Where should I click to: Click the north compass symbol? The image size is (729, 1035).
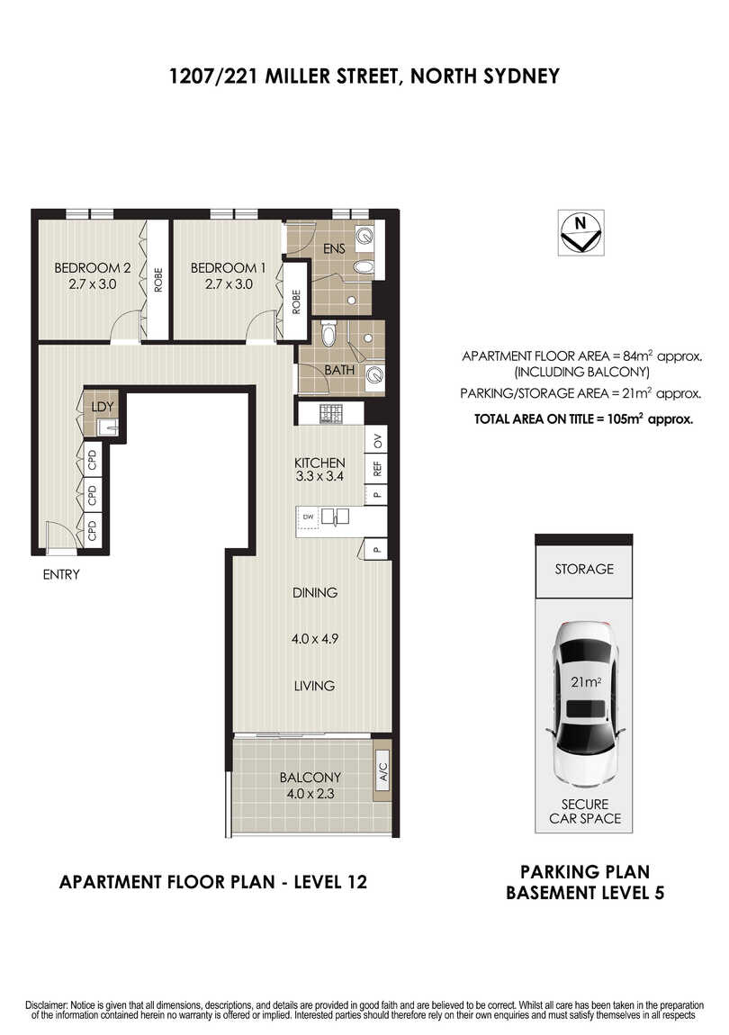(x=580, y=232)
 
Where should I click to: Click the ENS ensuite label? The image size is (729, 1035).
(x=334, y=248)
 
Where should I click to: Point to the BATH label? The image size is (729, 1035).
(x=339, y=370)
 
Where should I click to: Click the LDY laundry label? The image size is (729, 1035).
(x=103, y=407)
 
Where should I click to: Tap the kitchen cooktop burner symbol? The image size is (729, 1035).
(x=330, y=414)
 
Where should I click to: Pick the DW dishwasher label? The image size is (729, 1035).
(x=308, y=517)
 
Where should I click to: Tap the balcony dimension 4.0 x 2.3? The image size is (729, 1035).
(x=310, y=794)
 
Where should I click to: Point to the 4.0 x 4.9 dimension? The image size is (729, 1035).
(x=315, y=639)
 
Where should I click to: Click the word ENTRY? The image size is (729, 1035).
(x=61, y=574)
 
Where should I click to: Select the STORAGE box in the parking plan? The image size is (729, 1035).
(x=584, y=568)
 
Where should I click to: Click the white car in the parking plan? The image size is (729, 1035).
(x=585, y=704)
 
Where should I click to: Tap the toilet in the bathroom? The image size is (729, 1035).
(x=328, y=333)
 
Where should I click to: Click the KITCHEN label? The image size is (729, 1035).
(x=319, y=463)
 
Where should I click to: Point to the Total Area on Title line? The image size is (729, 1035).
(x=584, y=418)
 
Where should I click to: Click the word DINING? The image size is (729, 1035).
(x=315, y=593)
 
